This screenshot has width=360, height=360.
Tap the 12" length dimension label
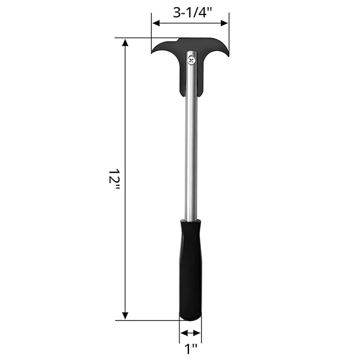(x=114, y=179)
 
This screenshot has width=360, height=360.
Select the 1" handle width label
(x=191, y=349)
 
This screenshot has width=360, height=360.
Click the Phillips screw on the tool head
(x=191, y=61)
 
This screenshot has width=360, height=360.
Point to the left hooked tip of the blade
(x=152, y=53)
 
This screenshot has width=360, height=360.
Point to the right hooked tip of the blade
(x=228, y=56)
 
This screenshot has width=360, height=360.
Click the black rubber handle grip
(x=190, y=270)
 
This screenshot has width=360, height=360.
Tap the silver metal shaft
(x=191, y=138)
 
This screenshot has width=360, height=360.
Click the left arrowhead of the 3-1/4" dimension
(x=156, y=23)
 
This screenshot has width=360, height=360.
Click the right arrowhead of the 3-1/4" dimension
(x=224, y=23)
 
